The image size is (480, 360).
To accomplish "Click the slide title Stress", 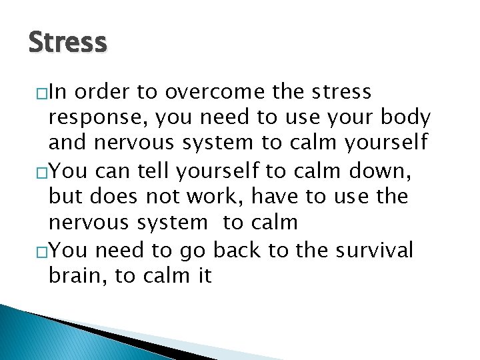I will pyautogui.click(x=67, y=42).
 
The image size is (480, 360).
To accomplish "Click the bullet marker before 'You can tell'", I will pyautogui.click(x=43, y=173).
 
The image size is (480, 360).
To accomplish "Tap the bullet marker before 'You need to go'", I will pyautogui.click(x=43, y=251).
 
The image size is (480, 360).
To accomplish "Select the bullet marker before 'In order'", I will pyautogui.click(x=43, y=93).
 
